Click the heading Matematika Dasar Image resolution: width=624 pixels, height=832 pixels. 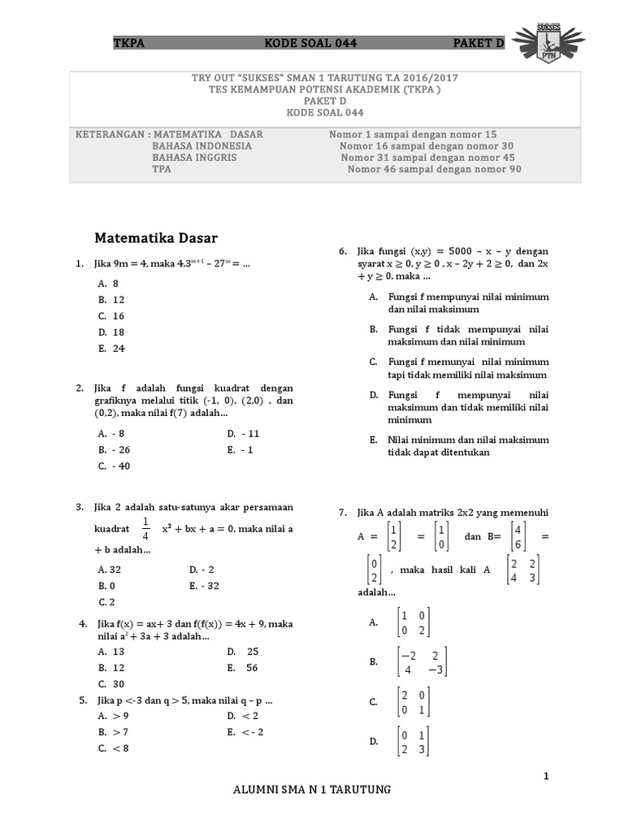click(156, 238)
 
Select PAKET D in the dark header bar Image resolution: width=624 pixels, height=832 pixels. click(479, 43)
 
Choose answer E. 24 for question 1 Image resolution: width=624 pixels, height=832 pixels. click(110, 349)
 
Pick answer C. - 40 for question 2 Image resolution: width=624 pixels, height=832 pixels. click(114, 466)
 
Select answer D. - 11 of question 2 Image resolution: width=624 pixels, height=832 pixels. click(243, 434)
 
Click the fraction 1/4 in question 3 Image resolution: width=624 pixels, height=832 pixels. click(146, 528)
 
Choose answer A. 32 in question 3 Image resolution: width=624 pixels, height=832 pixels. click(110, 570)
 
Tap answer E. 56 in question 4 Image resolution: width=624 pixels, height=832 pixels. click(242, 668)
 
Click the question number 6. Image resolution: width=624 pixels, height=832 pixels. click(343, 252)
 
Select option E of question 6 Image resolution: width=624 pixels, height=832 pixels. click(457, 446)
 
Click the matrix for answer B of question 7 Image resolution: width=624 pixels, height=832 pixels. click(421, 662)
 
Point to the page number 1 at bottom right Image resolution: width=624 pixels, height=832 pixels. click(546, 777)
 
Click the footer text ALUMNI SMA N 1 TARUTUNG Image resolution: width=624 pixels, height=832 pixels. click(312, 790)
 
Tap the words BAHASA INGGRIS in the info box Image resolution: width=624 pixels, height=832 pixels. click(194, 158)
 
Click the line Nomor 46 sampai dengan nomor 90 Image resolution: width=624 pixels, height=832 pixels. click(434, 170)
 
